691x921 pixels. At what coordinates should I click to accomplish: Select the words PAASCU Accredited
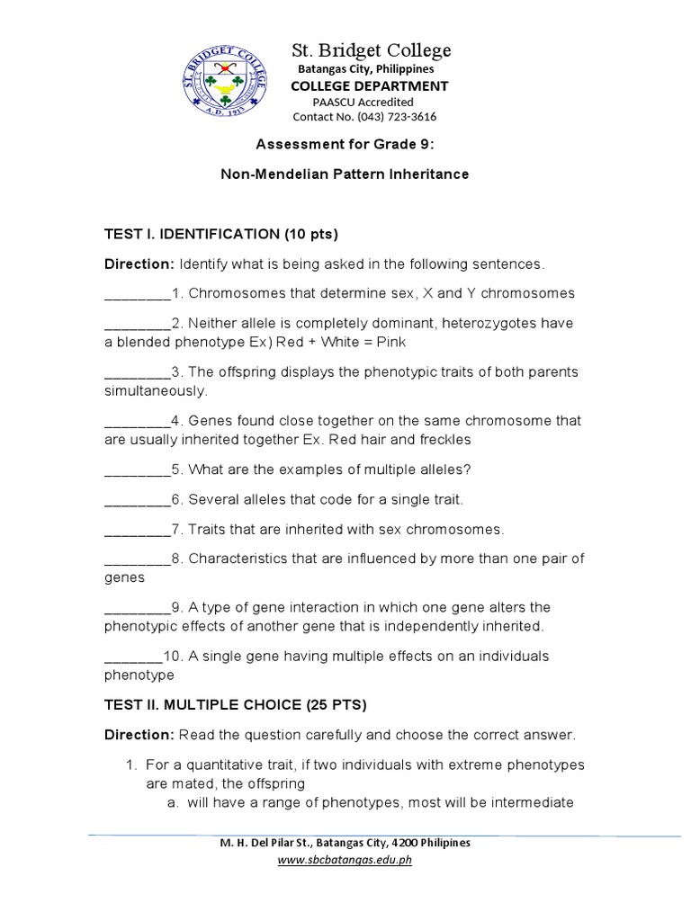tap(363, 102)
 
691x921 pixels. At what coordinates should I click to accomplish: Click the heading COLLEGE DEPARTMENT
tap(368, 85)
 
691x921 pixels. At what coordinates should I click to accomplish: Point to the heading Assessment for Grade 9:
tap(345, 144)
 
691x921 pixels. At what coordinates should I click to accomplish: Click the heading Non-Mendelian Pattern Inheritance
tap(345, 174)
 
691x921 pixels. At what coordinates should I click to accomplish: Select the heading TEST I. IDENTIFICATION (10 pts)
tap(221, 235)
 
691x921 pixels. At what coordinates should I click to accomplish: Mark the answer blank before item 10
tap(134, 656)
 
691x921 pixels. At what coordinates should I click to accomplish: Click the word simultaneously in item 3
tap(156, 391)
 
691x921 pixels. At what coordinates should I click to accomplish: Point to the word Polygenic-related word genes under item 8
tap(125, 577)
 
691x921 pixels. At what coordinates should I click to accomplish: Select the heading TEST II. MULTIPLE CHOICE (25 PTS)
tap(236, 704)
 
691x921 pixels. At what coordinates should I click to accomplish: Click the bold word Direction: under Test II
tap(139, 735)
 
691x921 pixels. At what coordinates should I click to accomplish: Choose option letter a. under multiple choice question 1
tap(172, 802)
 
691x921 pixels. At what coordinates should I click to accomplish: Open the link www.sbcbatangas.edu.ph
tap(345, 860)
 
